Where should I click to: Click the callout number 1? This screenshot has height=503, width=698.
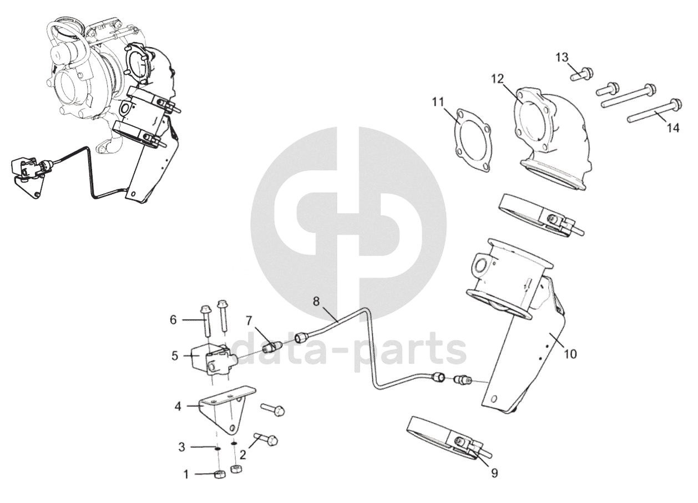click(186, 474)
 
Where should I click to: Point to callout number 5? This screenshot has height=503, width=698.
click(174, 355)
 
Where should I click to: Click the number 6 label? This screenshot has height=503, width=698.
click(173, 319)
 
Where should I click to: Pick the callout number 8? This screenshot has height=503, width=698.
click(316, 302)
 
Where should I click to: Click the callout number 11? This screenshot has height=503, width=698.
click(438, 101)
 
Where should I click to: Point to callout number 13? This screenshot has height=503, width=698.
click(562, 57)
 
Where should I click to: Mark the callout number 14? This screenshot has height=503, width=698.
click(672, 128)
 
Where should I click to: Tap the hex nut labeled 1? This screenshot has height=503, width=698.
click(219, 475)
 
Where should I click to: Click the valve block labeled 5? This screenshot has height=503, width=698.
click(211, 359)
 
